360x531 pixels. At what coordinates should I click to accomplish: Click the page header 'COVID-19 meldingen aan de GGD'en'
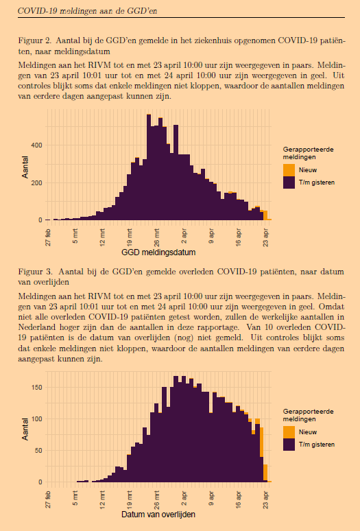(87, 11)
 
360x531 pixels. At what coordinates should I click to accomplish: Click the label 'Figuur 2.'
(35, 41)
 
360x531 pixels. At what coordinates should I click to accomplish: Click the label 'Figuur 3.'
(35, 272)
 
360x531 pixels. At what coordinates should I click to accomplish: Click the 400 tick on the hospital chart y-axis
(36, 145)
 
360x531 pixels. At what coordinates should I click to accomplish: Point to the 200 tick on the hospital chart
(36, 183)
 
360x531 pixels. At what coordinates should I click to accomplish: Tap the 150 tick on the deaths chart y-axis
(36, 388)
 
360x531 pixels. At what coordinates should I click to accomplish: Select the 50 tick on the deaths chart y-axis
(38, 451)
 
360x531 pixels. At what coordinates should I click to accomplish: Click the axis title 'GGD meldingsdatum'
(158, 252)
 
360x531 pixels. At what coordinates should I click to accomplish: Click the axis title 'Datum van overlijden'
(158, 515)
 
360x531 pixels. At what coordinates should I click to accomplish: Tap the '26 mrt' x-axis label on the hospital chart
(156, 238)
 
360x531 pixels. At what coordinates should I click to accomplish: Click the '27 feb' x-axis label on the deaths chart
(48, 500)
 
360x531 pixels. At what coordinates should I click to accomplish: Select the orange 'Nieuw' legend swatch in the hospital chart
(289, 170)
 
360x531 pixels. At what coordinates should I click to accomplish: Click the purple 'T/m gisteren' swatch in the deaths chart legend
(289, 445)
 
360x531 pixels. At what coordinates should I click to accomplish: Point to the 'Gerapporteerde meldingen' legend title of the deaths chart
(309, 415)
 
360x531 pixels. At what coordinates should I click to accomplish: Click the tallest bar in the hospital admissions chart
(149, 167)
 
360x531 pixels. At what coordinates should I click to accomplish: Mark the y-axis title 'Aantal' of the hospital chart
(25, 167)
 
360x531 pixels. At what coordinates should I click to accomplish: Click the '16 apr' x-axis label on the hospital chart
(239, 238)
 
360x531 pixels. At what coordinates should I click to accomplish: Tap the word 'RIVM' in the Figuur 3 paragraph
(99, 296)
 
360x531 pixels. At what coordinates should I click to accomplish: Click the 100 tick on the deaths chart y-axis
(36, 419)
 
